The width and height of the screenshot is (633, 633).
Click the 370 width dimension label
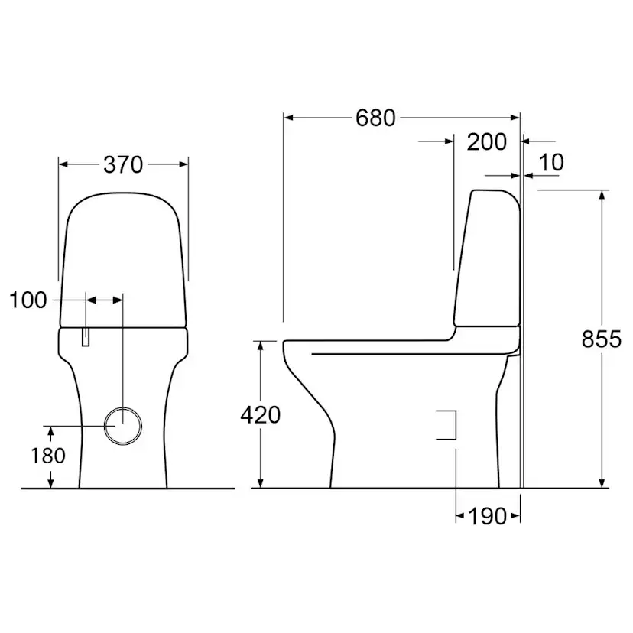pyautogui.click(x=123, y=164)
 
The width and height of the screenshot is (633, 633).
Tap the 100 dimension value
pyautogui.click(x=28, y=300)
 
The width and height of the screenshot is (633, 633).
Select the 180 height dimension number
pyautogui.click(x=49, y=455)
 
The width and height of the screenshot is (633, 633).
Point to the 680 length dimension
pyautogui.click(x=375, y=118)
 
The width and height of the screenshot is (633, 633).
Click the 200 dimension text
pyautogui.click(x=486, y=141)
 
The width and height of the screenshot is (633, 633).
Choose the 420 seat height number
pyautogui.click(x=260, y=414)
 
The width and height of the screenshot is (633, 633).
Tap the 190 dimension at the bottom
pyautogui.click(x=486, y=516)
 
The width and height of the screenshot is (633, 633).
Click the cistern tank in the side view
pyautogui.click(x=489, y=260)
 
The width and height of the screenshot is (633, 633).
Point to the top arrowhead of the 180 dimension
pyautogui.click(x=51, y=430)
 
